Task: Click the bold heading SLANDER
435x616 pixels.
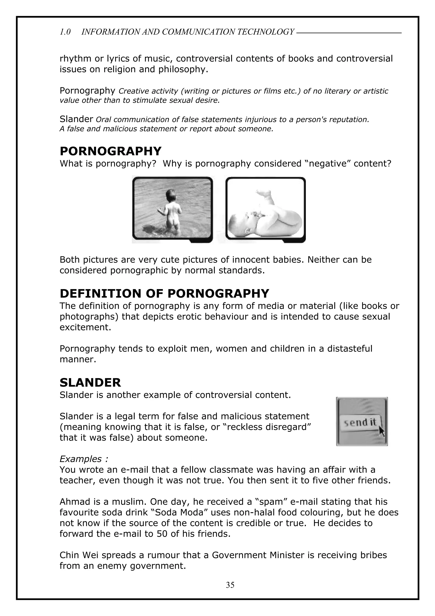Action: pos(90,383)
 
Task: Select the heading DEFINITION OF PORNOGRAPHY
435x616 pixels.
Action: pos(164,294)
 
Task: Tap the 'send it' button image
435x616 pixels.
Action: pos(360,423)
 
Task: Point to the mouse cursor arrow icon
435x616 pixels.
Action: pos(382,431)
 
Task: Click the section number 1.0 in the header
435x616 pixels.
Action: pos(65,32)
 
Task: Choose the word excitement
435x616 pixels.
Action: pos(85,327)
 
